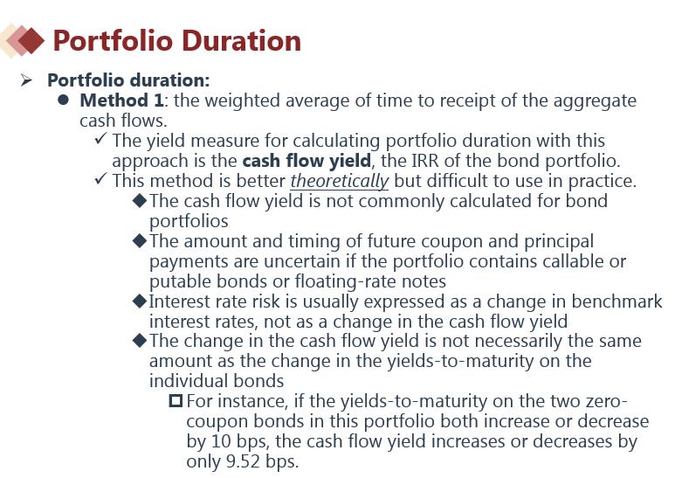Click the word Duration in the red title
pyautogui.click(x=241, y=41)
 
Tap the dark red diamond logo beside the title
pyautogui.click(x=30, y=40)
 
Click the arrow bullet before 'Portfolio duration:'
pyautogui.click(x=26, y=80)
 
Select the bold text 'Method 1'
pyautogui.click(x=121, y=100)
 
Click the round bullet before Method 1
pyautogui.click(x=64, y=100)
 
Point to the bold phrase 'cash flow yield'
pyautogui.click(x=307, y=161)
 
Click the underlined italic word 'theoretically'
pyautogui.click(x=340, y=181)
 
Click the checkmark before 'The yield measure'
pyautogui.click(x=100, y=139)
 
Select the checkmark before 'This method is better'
pyautogui.click(x=100, y=179)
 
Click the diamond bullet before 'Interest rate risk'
pyautogui.click(x=140, y=301)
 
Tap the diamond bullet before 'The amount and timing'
pyautogui.click(x=140, y=240)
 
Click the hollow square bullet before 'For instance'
pyautogui.click(x=176, y=400)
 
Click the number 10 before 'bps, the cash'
pyautogui.click(x=222, y=441)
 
